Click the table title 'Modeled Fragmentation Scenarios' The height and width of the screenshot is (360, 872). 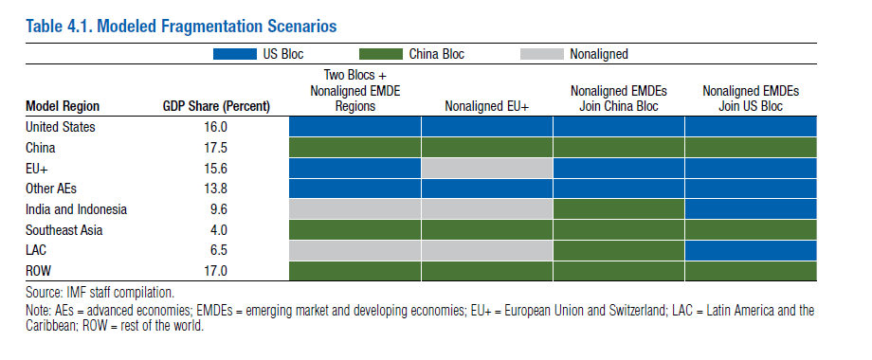216,27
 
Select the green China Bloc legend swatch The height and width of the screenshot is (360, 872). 381,54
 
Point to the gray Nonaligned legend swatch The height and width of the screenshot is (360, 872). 541,54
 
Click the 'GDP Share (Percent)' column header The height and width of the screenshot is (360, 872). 216,106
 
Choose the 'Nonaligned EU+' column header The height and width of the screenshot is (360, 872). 486,106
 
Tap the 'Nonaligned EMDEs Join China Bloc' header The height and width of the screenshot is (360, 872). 618,99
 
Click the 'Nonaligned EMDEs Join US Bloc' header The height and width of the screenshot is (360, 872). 751,99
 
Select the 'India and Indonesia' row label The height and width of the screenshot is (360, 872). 76,209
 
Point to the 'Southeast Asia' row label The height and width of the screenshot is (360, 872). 64,230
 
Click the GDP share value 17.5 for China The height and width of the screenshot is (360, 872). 215,148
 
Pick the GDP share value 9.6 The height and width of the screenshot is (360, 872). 218,209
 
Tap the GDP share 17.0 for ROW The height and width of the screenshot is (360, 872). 215,271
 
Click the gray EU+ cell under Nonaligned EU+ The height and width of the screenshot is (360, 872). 486,169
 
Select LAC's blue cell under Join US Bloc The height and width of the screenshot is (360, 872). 751,250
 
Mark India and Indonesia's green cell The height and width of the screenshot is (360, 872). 618,209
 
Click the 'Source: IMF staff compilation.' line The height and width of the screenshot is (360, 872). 100,292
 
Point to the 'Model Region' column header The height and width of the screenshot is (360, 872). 63,106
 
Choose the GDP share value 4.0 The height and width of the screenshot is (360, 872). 218,230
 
